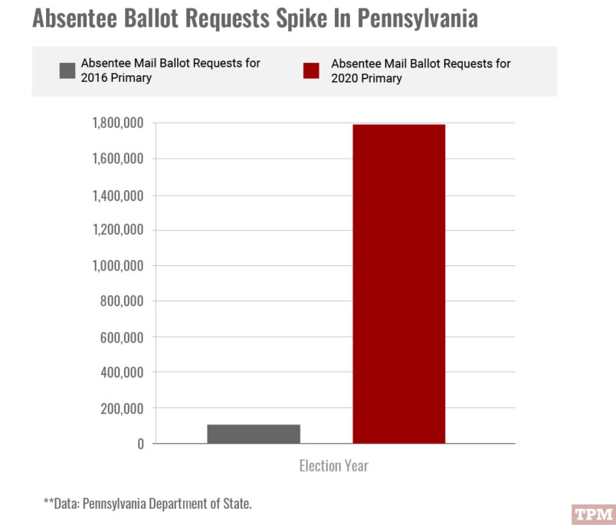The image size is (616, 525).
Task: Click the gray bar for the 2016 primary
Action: click(x=254, y=434)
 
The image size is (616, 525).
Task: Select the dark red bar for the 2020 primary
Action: click(x=398, y=284)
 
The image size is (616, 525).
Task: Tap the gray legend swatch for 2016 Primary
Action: click(x=67, y=71)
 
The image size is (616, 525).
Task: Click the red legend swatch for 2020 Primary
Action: click(x=311, y=71)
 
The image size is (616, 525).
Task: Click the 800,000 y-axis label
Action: click(x=123, y=302)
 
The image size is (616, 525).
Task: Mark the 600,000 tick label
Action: click(x=123, y=337)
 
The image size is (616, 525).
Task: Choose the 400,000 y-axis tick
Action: click(x=123, y=373)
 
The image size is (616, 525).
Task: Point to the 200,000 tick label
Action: click(x=123, y=409)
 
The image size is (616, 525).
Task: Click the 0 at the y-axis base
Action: click(x=139, y=445)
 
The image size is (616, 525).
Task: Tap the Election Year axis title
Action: click(x=333, y=466)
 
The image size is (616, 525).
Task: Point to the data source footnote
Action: click(x=147, y=504)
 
